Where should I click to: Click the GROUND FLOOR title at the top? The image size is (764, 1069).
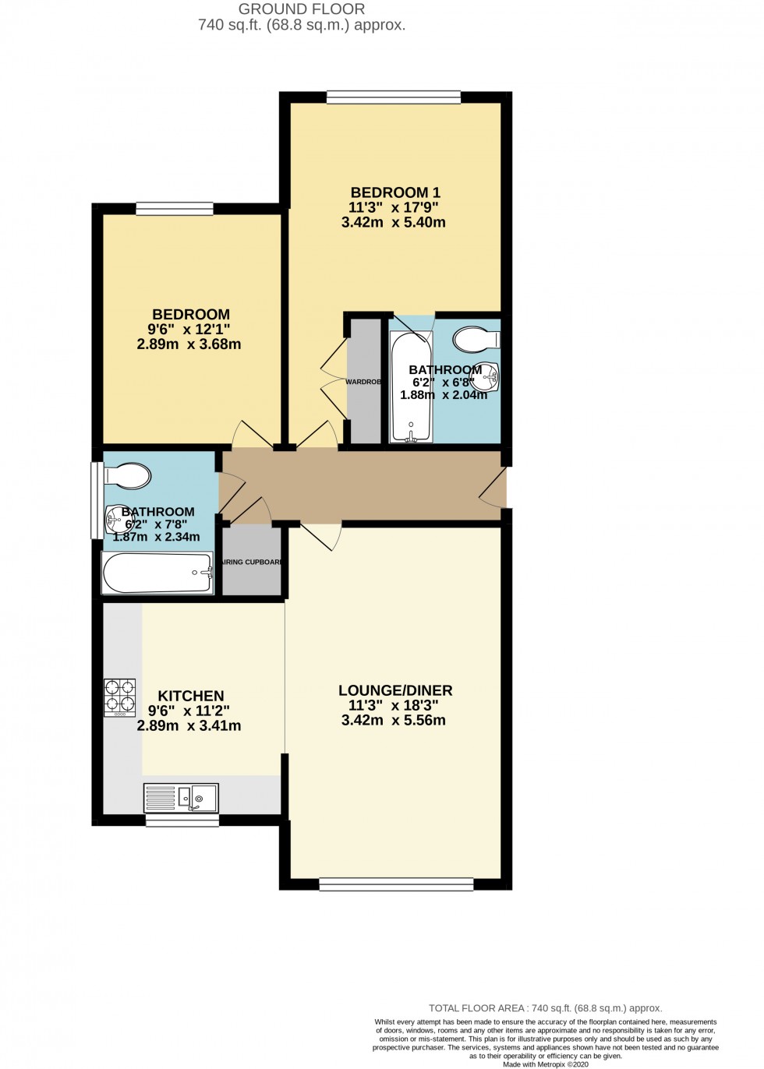point(301,9)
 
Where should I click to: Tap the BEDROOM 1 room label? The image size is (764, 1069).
point(394,192)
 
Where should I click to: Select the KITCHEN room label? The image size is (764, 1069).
point(190,696)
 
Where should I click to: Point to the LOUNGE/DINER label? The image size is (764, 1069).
point(394,690)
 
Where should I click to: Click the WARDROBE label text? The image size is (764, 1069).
point(363,382)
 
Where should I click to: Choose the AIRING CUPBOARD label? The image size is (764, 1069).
point(252,562)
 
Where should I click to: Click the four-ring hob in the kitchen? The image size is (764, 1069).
point(119,697)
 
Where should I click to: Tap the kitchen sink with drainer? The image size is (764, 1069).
point(181,798)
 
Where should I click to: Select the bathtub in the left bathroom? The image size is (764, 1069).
point(157,573)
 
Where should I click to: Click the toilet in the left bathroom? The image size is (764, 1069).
point(128,476)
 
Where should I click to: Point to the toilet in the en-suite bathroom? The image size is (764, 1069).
point(476,340)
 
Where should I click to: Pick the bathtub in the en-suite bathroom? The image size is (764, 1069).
point(411,388)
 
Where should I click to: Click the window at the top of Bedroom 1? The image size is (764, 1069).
point(393,97)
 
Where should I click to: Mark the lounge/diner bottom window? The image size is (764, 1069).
point(396,884)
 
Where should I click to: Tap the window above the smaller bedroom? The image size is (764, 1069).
point(175,209)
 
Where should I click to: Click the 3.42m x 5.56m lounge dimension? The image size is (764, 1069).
point(393,721)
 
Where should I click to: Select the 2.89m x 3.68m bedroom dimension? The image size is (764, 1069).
point(189,344)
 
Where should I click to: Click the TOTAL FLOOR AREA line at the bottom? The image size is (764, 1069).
point(545,1008)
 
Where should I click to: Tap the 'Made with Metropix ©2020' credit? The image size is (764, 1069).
point(545,1064)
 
